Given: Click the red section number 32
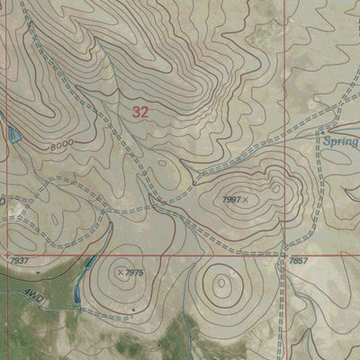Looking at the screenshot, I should coord(139,112).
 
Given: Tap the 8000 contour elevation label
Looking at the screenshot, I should coord(62,145).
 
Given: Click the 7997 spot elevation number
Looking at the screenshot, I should coord(231,198).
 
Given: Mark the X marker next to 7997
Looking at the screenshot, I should coord(245,198).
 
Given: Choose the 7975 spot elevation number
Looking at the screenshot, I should coord(134,272).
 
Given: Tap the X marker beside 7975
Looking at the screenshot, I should coord(121,271).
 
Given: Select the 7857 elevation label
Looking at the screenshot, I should coord(299,260).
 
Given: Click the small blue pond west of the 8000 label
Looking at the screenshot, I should coord(13,135).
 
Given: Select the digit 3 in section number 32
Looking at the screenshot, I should coord(136,112).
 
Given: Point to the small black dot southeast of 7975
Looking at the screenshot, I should coord(134,310).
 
